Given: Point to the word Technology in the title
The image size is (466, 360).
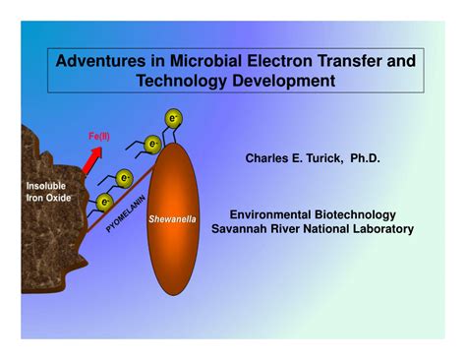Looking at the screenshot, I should [185, 81].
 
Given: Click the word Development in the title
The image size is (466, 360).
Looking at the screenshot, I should [284, 81].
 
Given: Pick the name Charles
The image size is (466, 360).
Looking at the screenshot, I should [268, 158].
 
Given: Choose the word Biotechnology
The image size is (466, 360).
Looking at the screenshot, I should [361, 214].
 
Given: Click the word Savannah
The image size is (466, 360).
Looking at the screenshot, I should [240, 229].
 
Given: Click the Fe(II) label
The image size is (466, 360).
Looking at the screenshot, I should [98, 136].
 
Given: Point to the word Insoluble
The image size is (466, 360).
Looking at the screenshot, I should [47, 185].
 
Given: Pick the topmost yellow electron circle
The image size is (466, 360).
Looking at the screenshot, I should [173, 119].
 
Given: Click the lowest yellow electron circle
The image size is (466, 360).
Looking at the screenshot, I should [104, 203].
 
